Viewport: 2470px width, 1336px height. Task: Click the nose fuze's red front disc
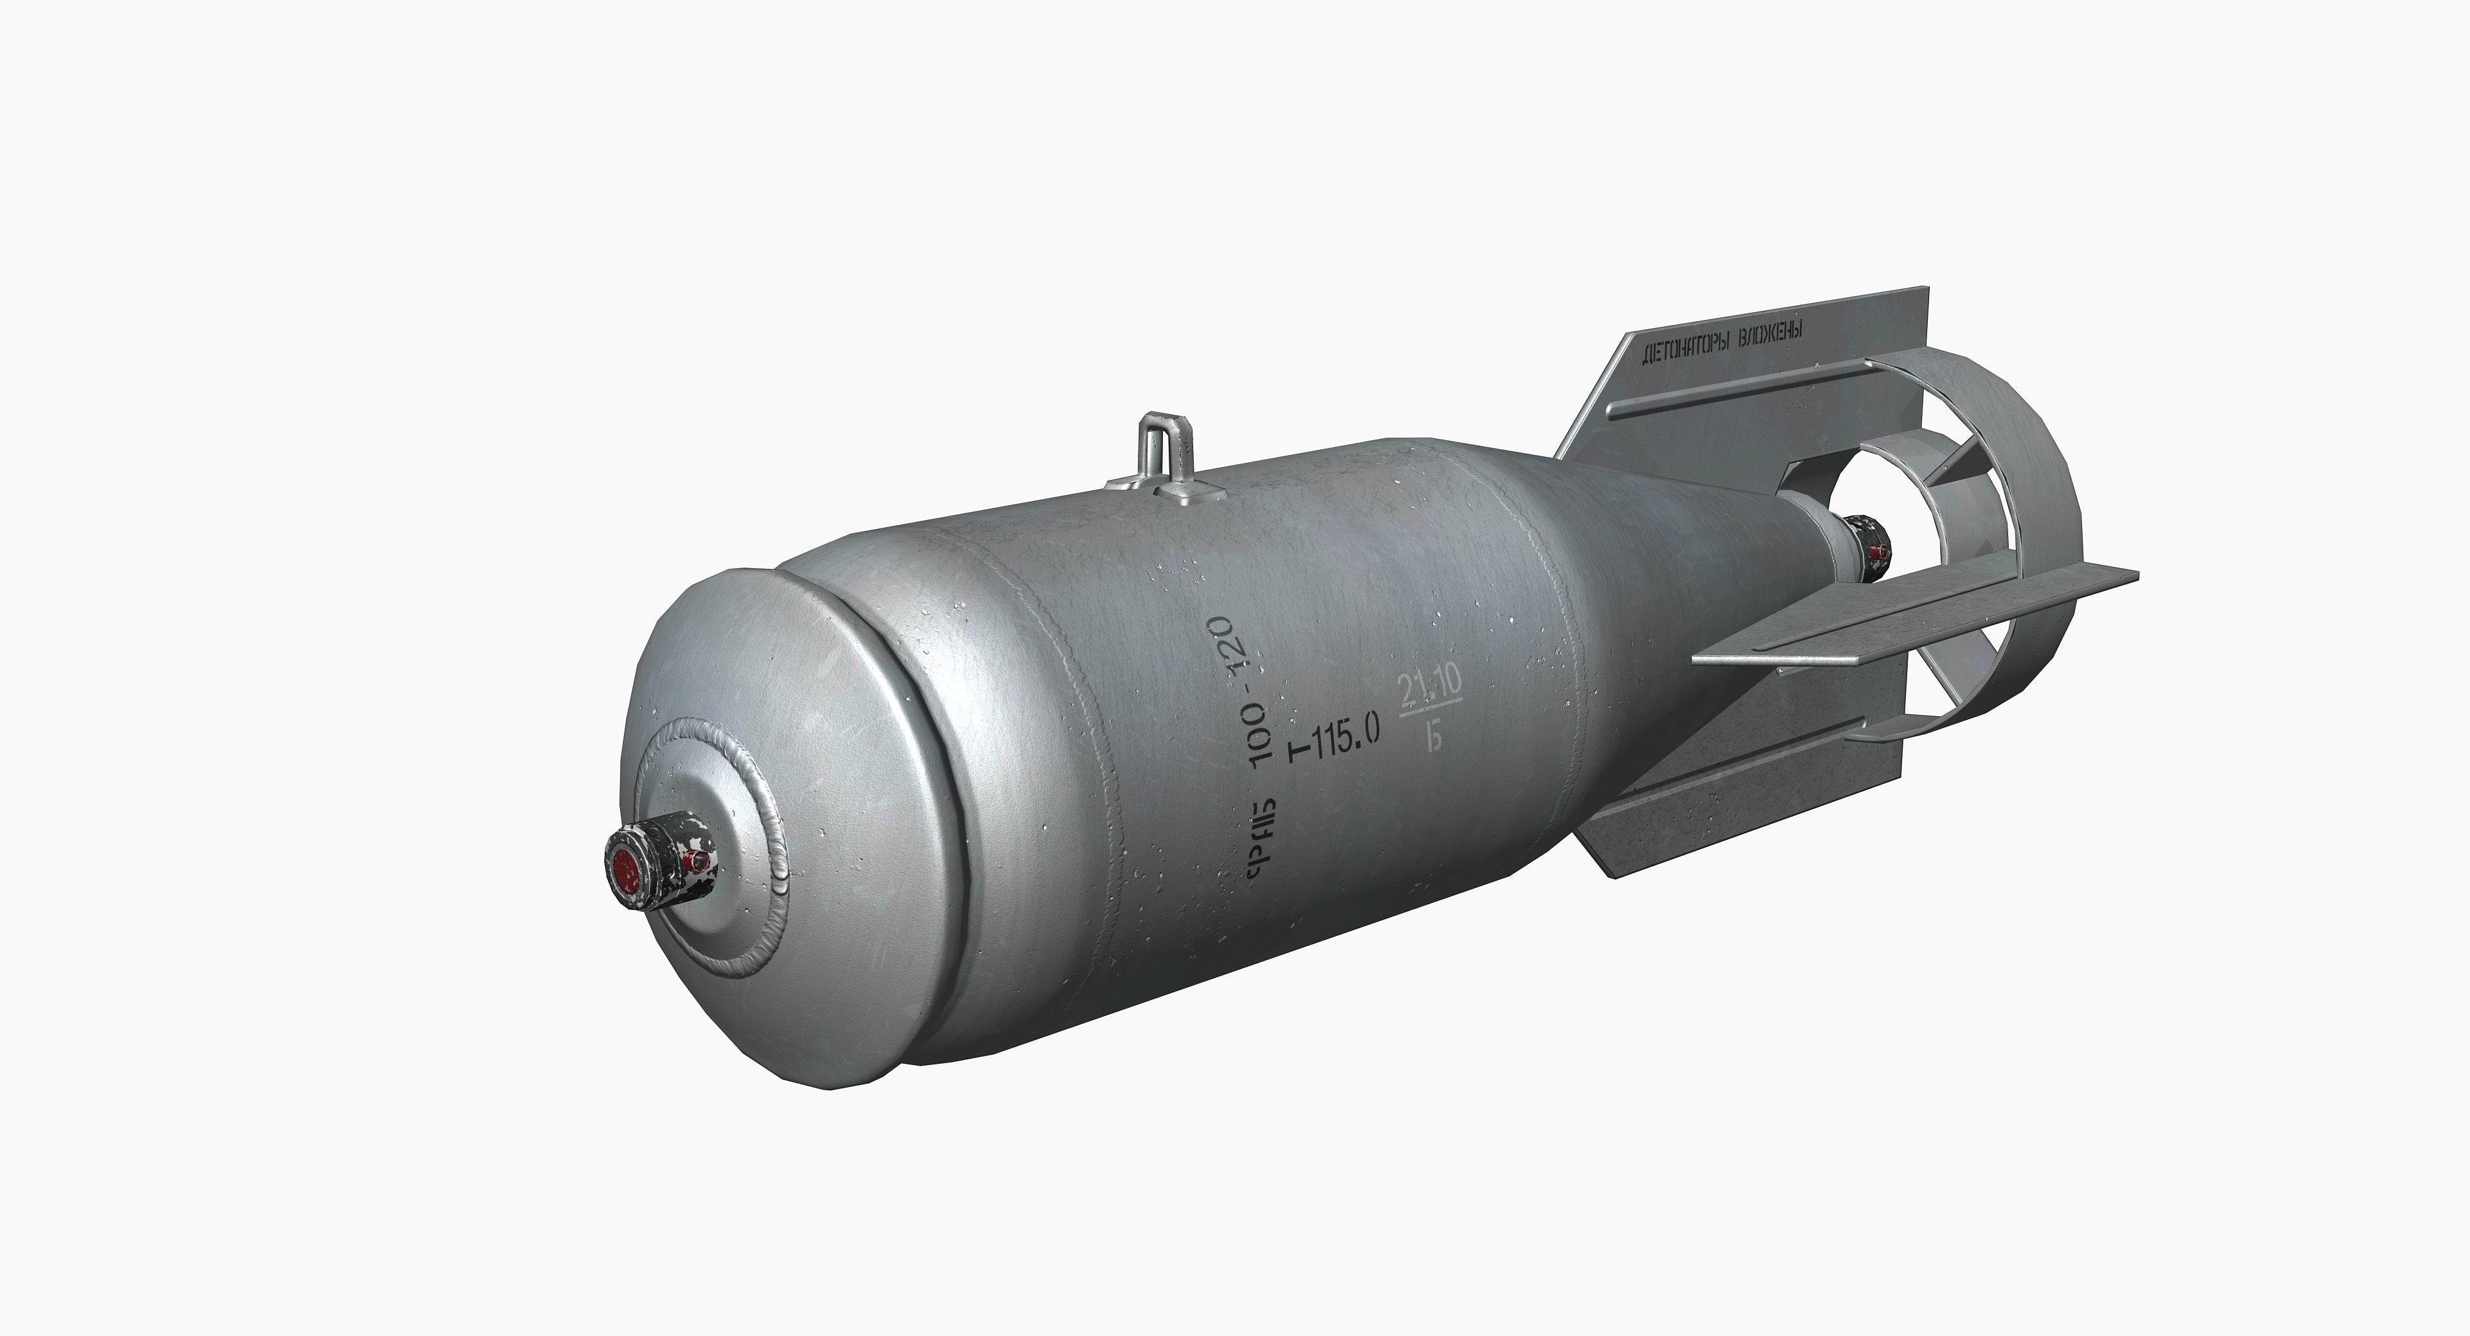pyautogui.click(x=626, y=869)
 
